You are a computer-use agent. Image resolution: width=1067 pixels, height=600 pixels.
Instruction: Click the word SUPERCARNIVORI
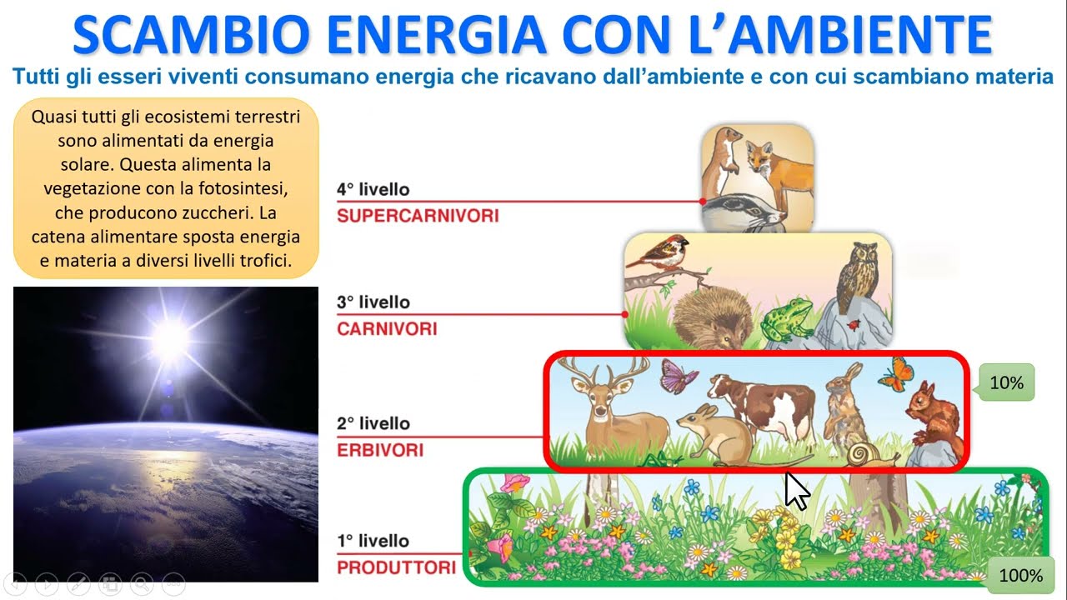418,216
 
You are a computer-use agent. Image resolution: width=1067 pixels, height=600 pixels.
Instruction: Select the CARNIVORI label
387,329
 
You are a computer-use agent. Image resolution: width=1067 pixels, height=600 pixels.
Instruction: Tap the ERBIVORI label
380,451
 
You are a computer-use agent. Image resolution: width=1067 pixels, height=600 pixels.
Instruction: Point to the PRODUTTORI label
396,568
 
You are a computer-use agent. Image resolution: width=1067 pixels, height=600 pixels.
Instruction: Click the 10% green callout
1006,383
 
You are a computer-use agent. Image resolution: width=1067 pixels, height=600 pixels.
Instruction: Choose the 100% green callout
1020,575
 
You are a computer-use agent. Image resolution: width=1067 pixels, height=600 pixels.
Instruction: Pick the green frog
786,320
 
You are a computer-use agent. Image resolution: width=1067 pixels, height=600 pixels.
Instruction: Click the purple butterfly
678,376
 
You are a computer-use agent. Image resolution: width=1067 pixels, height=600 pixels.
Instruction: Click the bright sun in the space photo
173,337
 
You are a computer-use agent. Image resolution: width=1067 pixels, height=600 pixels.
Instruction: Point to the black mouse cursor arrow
796,491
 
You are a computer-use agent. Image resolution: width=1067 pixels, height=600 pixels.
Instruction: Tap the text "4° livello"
373,189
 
